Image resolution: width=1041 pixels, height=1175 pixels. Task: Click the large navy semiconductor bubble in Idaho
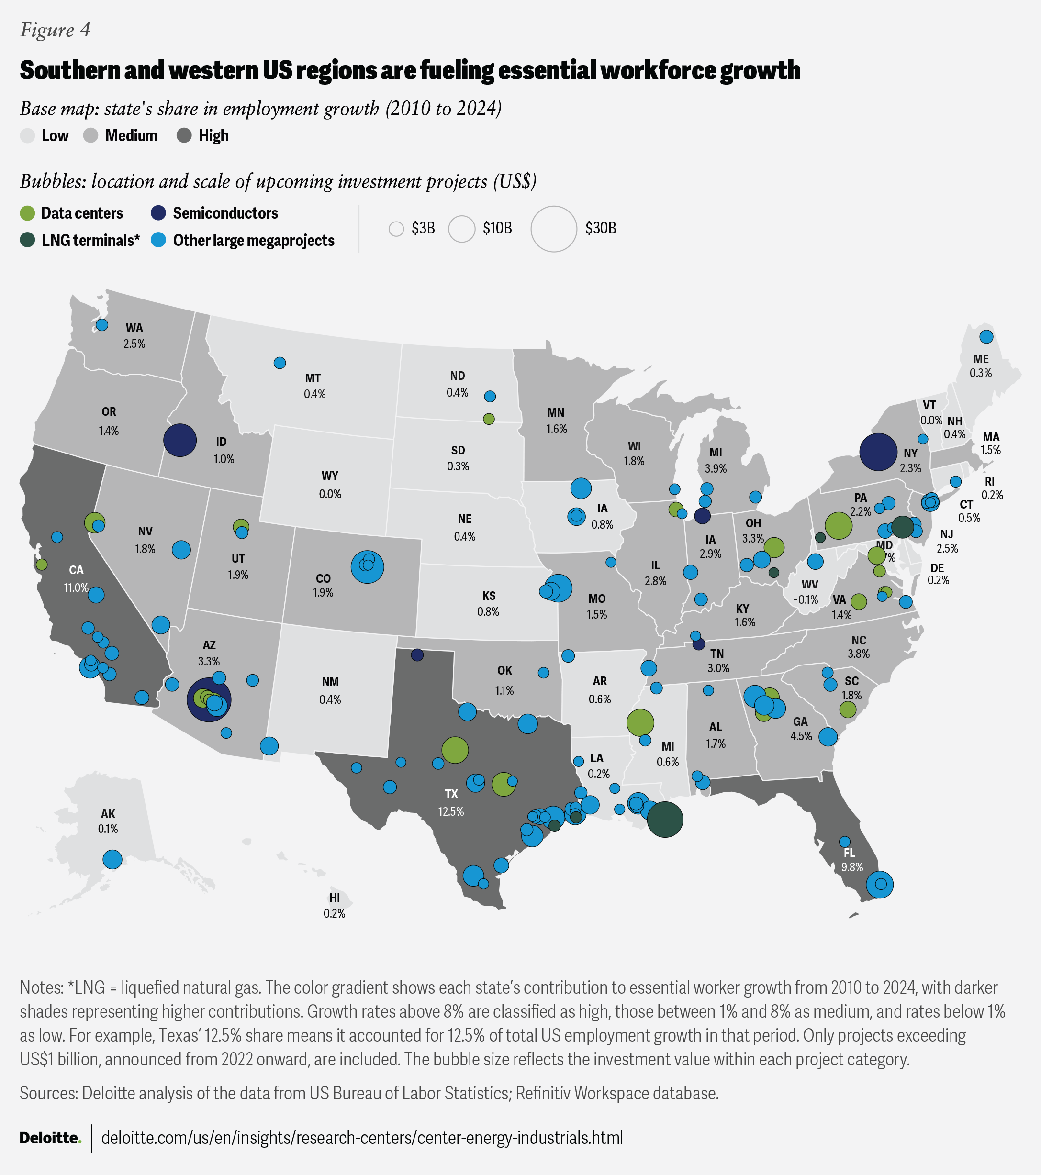180,440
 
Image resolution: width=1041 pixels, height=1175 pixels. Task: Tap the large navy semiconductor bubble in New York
878,452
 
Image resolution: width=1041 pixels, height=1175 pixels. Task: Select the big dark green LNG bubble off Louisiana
665,819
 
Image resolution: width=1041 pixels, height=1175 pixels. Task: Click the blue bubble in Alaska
112,859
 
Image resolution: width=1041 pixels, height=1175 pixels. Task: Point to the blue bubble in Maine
986,337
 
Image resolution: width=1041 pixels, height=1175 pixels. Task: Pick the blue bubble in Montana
280,363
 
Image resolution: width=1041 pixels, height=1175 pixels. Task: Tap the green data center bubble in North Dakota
489,419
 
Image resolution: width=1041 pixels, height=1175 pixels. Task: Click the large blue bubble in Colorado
367,567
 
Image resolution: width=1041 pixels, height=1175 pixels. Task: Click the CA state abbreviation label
76,570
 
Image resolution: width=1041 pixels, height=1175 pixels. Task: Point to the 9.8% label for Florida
852,867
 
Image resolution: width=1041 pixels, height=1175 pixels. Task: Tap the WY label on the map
330,476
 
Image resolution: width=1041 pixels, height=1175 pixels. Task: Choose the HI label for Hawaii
334,898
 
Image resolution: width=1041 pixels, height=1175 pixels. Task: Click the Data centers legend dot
28,213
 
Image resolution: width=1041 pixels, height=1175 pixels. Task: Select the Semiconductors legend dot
158,213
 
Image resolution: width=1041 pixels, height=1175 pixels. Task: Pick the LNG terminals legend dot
28,240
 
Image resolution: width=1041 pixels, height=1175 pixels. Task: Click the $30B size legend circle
553,229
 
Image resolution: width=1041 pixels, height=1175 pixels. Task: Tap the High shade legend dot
184,136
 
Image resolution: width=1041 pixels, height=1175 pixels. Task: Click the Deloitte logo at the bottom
51,1138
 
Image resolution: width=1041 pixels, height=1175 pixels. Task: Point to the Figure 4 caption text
55,30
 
